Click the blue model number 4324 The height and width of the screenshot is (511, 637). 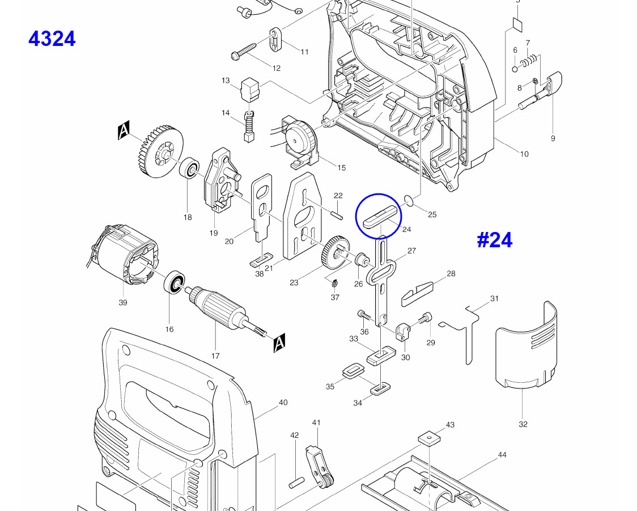pos(52,39)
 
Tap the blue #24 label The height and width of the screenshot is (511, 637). pos(494,240)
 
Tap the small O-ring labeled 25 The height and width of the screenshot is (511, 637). pos(408,200)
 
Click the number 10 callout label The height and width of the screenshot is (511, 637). pos(524,154)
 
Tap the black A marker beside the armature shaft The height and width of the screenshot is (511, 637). pos(279,344)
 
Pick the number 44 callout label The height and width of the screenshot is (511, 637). pos(502,455)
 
